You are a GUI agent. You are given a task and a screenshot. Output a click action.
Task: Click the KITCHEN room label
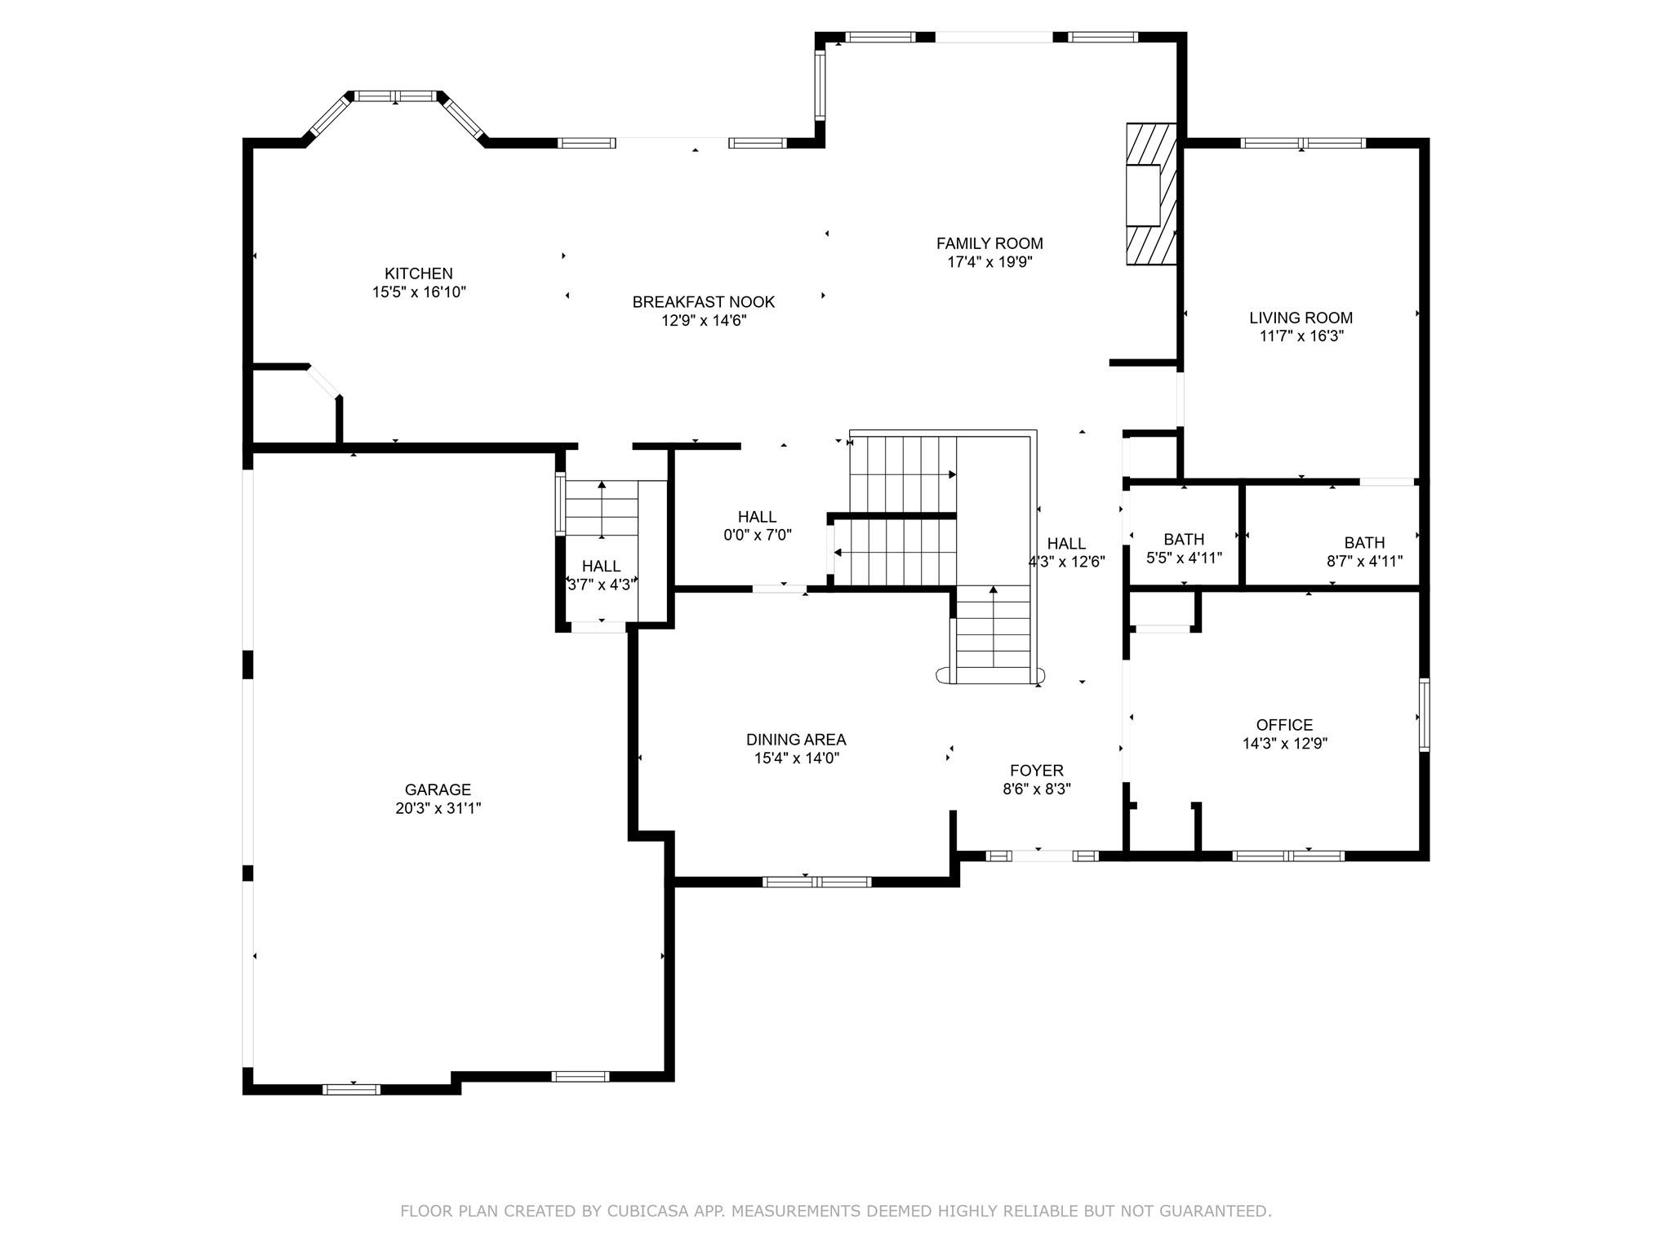click(419, 273)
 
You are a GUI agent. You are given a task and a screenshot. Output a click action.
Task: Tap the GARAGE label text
click(438, 789)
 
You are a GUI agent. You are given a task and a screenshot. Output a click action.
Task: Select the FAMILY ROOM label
click(989, 243)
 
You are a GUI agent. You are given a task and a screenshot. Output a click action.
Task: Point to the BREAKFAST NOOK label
click(704, 302)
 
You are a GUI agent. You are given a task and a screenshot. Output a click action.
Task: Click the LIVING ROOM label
click(1301, 318)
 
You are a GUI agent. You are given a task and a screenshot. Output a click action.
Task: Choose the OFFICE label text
click(1284, 725)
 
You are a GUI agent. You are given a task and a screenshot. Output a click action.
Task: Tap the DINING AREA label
click(796, 740)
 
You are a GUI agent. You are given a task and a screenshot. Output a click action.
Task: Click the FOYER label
click(1037, 771)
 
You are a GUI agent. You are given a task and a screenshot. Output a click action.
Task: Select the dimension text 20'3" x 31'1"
click(438, 808)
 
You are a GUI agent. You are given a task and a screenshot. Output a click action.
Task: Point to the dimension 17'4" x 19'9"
click(989, 262)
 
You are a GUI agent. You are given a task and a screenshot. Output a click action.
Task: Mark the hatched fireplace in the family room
click(1151, 194)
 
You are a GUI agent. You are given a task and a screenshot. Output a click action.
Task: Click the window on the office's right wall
click(1424, 714)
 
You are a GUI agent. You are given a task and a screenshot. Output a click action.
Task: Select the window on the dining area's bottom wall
click(817, 882)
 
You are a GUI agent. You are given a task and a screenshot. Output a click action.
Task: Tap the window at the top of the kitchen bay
click(396, 96)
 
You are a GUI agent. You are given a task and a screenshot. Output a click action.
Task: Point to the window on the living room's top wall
click(1303, 143)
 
